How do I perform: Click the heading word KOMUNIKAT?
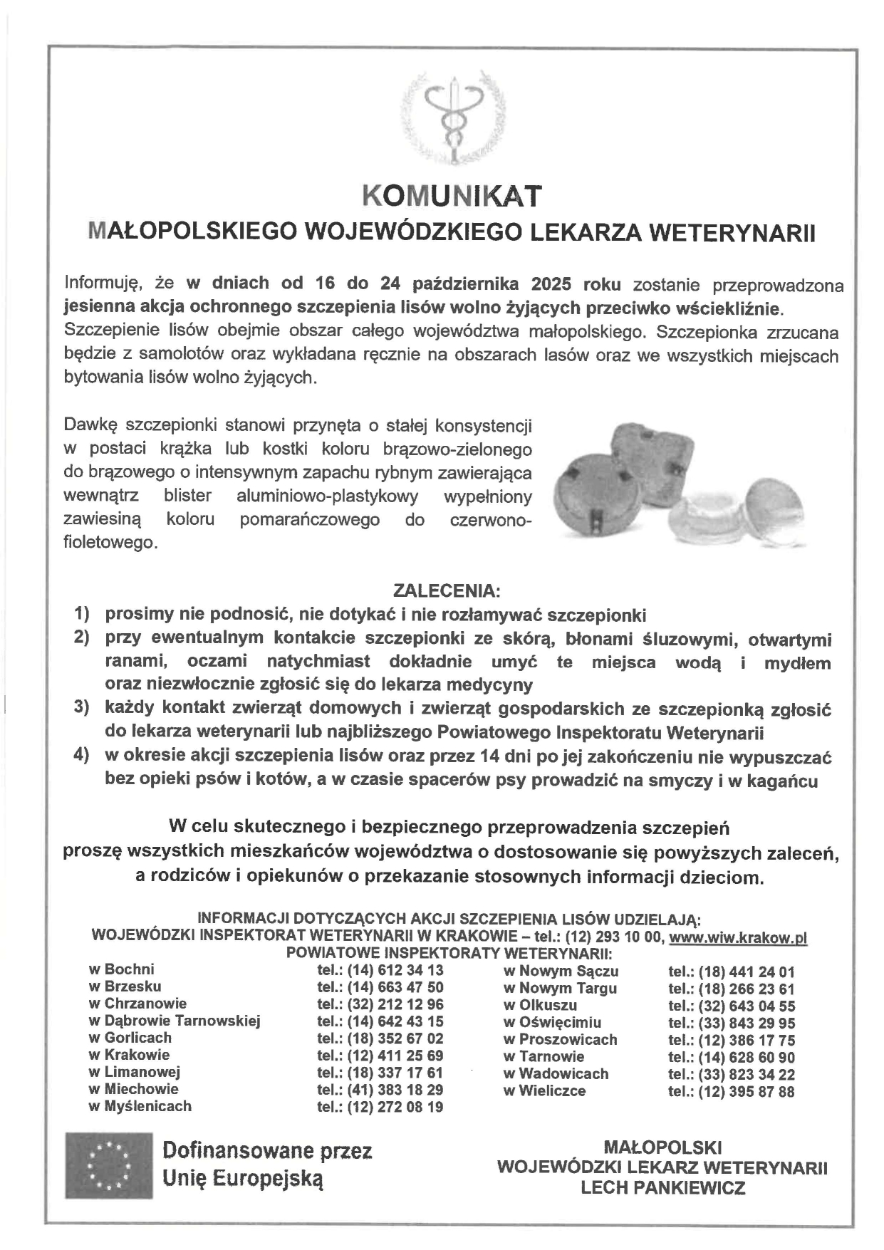click(452, 196)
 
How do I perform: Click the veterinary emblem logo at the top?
click(451, 114)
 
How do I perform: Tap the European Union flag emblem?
click(109, 1165)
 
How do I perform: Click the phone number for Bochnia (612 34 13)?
click(395, 970)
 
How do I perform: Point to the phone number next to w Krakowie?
click(395, 1056)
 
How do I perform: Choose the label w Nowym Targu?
click(560, 988)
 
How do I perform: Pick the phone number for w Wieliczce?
click(747, 1091)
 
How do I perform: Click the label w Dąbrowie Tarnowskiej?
click(175, 1021)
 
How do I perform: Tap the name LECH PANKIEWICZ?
click(662, 1187)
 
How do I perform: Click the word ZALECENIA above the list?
click(447, 591)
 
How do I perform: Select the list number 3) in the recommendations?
click(82, 708)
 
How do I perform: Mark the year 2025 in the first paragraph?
click(551, 284)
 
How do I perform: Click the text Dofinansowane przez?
click(267, 1150)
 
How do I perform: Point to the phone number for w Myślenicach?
click(395, 1107)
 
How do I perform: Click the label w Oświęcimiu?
click(552, 1023)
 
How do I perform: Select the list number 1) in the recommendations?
click(82, 613)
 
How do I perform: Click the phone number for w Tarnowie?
click(747, 1057)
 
